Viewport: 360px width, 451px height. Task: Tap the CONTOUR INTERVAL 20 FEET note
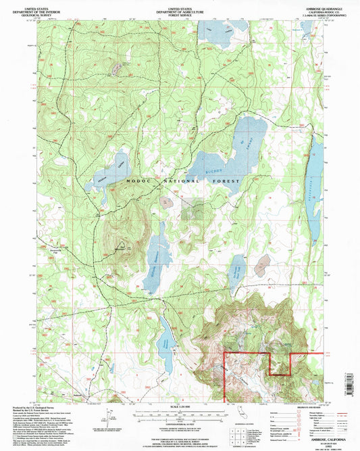(x=179, y=423)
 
